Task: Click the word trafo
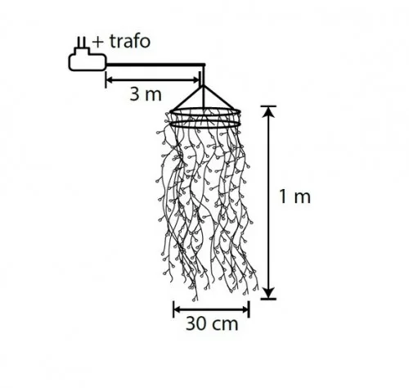[x=130, y=42]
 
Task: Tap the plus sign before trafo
[x=98, y=43]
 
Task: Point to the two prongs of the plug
[x=82, y=43]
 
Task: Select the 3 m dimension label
[x=146, y=94]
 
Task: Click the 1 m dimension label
[x=294, y=196]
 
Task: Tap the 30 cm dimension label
[x=212, y=324]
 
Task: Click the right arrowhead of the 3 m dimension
[x=196, y=80]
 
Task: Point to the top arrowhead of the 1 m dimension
[x=269, y=111]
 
